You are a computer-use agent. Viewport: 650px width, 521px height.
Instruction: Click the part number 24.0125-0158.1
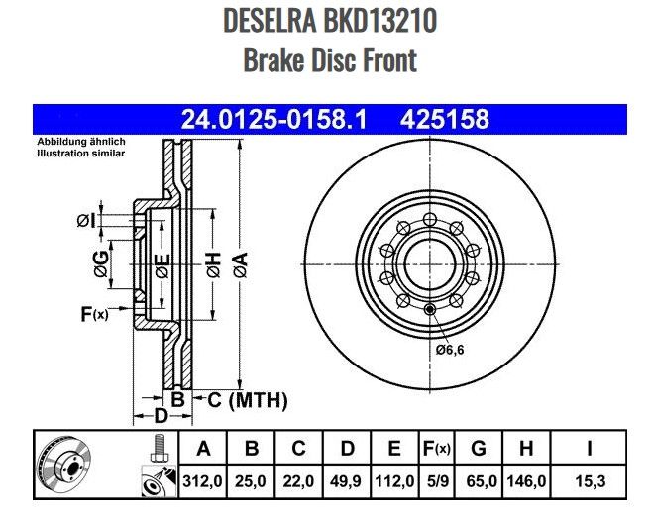tap(274, 120)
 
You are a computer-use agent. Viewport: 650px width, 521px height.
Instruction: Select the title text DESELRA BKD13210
tap(330, 21)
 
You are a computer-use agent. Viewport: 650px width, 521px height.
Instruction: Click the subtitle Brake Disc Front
tap(330, 59)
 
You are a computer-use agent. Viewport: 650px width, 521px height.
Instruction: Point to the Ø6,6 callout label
tap(449, 349)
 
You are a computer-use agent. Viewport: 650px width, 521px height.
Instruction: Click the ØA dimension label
tap(240, 263)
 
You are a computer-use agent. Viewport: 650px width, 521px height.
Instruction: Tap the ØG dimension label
tap(100, 263)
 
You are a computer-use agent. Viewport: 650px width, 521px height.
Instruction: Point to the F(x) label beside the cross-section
tap(93, 315)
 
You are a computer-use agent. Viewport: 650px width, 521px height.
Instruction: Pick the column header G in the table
tap(479, 449)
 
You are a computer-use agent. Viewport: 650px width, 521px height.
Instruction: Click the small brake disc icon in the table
tap(64, 465)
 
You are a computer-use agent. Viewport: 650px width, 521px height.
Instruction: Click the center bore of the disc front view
tap(428, 261)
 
